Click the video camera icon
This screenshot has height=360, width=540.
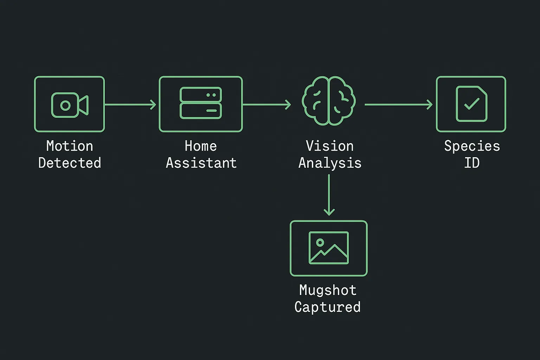coord(70,105)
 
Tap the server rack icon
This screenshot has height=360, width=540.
coord(201,103)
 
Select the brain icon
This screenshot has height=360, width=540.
coord(329,101)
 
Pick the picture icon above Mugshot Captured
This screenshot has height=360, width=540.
coord(329,248)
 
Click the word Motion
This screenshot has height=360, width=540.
coord(70,146)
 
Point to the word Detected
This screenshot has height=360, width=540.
coord(70,163)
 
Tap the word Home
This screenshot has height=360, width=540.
coord(201,146)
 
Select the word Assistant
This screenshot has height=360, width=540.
coord(201,163)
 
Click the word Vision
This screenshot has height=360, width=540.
coord(329,146)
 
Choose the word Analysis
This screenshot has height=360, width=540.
coord(330,163)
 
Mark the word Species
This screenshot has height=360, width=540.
coord(472,146)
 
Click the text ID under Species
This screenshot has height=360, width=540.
coord(472,163)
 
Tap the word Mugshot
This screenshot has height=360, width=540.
coord(328,290)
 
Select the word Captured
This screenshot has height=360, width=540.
coord(327,307)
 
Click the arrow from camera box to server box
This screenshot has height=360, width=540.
coord(130,104)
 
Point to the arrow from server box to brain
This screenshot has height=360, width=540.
coord(267,104)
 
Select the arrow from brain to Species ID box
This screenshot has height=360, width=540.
coord(398,104)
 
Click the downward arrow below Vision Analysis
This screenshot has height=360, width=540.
coord(329,195)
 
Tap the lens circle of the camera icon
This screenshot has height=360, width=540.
coord(65,105)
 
